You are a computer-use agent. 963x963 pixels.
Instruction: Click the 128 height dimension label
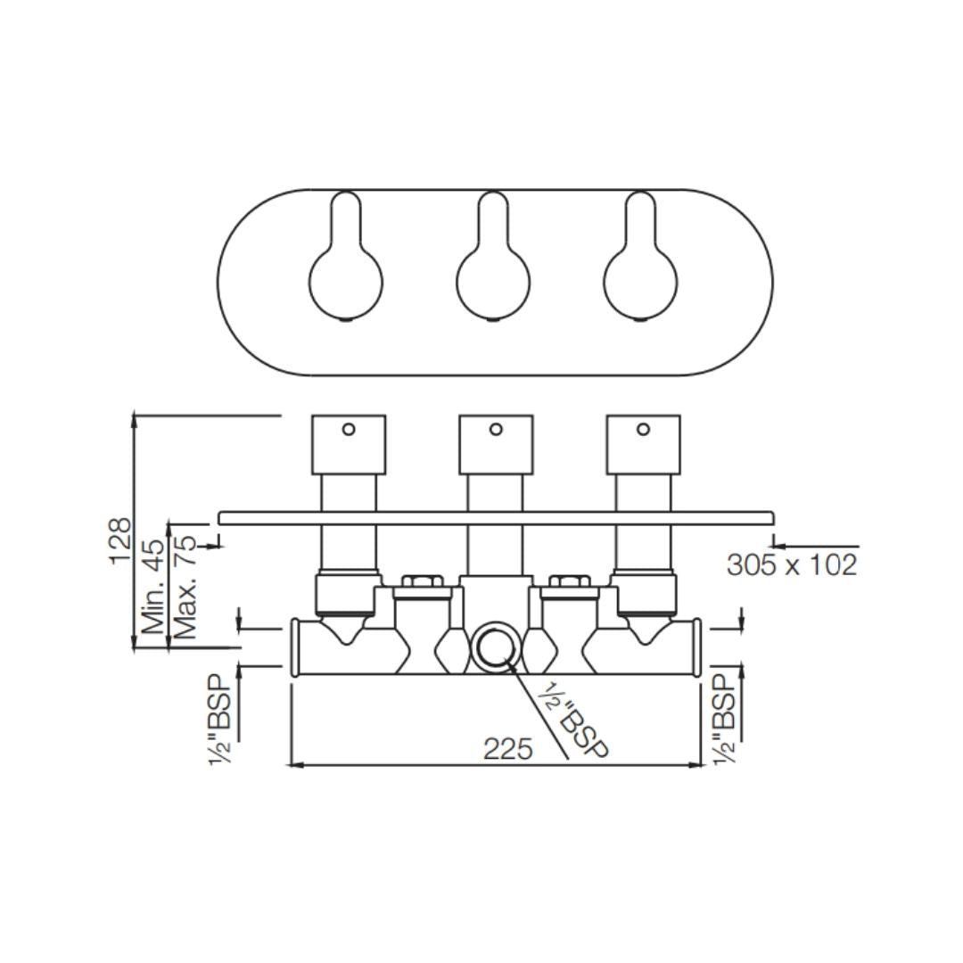click(x=120, y=541)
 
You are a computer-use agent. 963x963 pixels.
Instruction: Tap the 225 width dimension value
click(x=508, y=749)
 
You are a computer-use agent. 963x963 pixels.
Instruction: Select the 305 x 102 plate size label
click(x=792, y=564)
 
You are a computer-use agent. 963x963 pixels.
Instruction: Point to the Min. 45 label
click(x=154, y=587)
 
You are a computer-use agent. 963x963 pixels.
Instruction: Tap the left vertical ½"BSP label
click(x=220, y=720)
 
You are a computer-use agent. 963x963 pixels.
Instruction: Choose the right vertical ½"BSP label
click(x=725, y=720)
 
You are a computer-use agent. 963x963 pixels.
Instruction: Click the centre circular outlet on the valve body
click(x=494, y=647)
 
